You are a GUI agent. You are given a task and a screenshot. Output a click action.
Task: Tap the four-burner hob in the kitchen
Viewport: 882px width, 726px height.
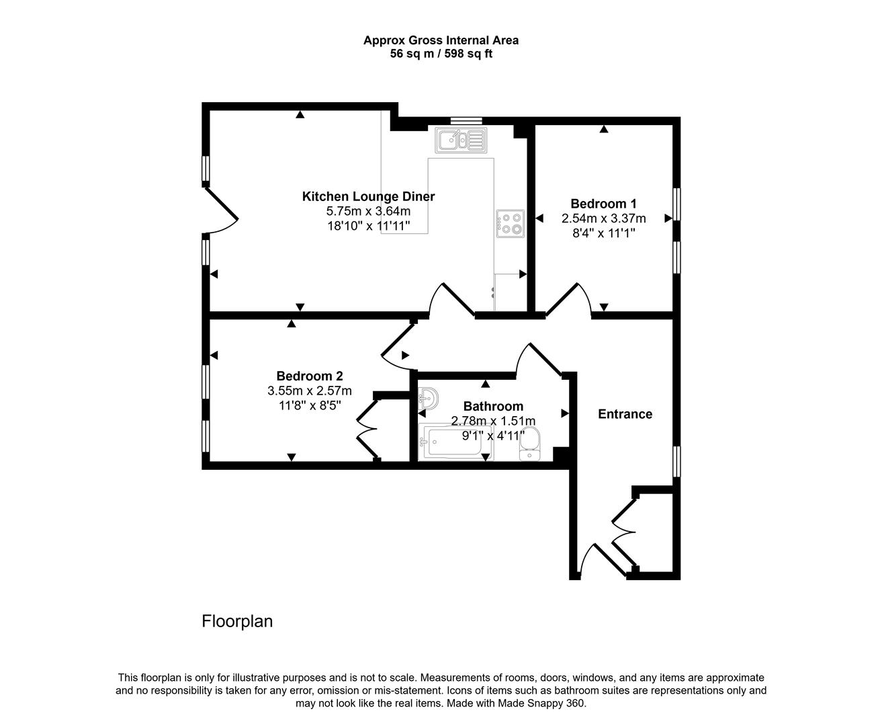coord(510,224)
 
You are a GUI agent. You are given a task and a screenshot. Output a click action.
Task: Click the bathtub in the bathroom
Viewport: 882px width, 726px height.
coord(455,443)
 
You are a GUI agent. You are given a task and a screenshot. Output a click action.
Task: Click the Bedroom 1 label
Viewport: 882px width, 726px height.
coord(603,204)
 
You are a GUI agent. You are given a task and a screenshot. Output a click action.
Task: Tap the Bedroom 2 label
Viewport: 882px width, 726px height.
coord(309,376)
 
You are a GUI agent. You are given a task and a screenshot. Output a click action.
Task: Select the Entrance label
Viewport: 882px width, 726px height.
coord(625,414)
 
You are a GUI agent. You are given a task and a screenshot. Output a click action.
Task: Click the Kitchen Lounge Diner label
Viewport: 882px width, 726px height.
coord(368,196)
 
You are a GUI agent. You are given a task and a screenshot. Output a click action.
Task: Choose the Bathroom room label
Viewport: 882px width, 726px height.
coord(493,406)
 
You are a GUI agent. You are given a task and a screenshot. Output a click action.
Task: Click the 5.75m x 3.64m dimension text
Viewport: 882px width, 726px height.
coord(368,211)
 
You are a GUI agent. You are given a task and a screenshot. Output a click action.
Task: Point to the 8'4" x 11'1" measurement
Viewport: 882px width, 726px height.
coord(603,233)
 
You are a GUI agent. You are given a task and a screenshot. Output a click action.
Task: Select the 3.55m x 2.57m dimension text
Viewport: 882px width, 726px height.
coord(309,391)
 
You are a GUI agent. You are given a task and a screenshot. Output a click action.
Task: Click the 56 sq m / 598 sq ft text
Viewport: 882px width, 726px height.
coord(441,54)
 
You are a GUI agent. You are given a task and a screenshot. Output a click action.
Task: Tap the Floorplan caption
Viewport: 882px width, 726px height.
coord(237,621)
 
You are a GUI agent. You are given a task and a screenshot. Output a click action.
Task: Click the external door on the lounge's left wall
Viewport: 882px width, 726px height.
coord(220,208)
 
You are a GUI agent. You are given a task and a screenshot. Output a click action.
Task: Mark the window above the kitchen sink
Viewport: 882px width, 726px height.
coord(466,121)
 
